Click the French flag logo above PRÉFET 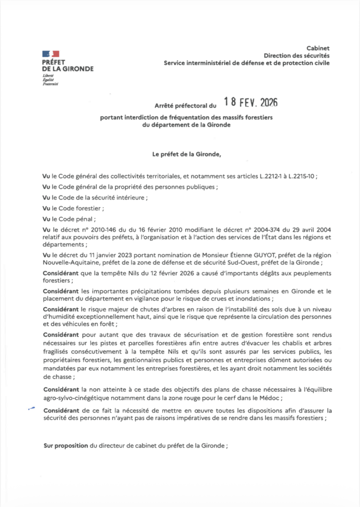coord(51,53)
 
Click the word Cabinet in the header coord(318,49)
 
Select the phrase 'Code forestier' coord(82,208)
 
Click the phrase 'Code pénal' coord(77,219)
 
